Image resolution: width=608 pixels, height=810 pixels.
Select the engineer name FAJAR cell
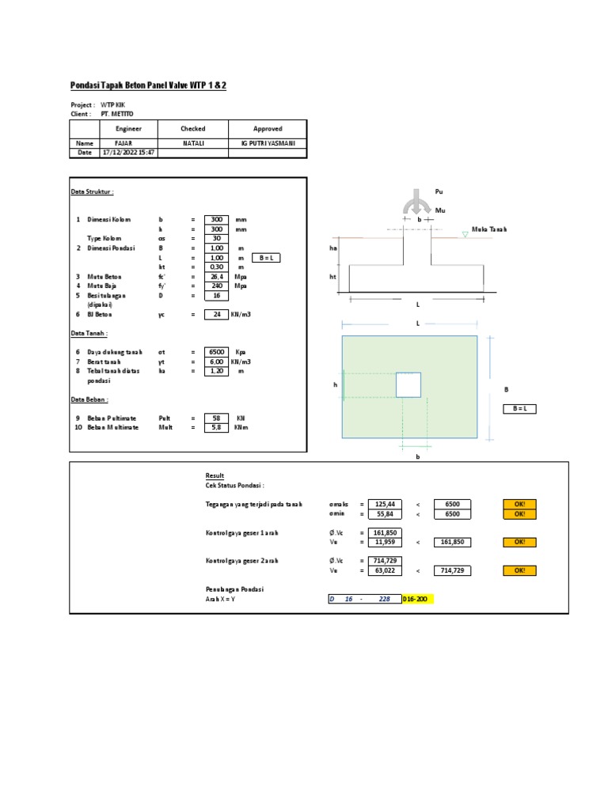(129, 143)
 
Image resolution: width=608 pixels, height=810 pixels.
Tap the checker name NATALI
(193, 143)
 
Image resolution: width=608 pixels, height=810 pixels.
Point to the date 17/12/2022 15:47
(129, 153)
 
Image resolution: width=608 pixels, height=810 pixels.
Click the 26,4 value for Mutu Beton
(216, 277)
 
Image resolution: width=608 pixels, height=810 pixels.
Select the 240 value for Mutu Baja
(216, 286)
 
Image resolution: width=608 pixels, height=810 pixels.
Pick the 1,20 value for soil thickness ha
(216, 370)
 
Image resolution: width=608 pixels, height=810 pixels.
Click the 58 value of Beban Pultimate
(216, 418)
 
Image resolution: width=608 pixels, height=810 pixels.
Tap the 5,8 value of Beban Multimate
(216, 427)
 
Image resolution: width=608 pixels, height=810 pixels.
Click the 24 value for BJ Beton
(216, 314)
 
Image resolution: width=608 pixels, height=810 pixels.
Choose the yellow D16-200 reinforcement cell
(417, 600)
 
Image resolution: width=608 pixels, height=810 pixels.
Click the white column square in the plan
(409, 384)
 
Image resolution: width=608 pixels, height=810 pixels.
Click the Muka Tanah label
(488, 229)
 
